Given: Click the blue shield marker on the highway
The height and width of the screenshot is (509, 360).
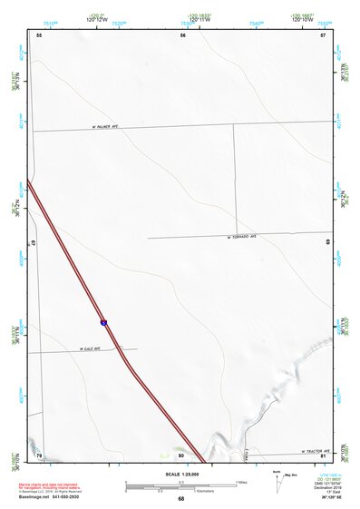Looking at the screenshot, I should pos(104,321).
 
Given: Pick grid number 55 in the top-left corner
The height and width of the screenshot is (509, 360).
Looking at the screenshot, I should pos(39,34).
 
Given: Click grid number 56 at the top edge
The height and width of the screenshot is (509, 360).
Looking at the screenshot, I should pos(182,34).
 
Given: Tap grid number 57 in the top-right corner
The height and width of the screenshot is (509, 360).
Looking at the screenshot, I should pos(322,34).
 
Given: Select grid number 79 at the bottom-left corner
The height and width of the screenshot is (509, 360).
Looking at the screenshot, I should pos(39,455).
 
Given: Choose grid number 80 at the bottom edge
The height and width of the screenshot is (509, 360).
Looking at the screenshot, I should pos(181,455).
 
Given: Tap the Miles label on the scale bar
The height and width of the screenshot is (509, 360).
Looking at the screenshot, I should pos(241,482).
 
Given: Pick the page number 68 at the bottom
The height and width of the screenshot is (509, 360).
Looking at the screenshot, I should pos(181,499).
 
